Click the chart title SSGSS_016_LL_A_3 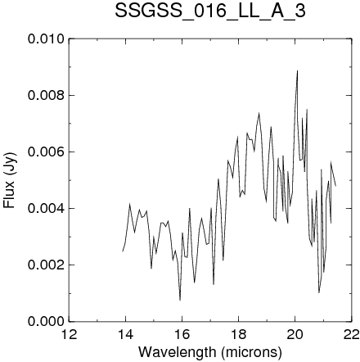pos(210,11)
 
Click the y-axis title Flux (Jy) pos(9,180)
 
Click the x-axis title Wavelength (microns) pos(210,351)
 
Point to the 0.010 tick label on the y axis pos(47,39)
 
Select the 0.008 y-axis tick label pos(47,96)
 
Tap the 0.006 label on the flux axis pos(47,152)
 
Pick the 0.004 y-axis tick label pos(47,208)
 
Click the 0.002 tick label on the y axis pos(47,265)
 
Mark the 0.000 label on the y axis pos(47,321)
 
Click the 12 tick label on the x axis pos(70,334)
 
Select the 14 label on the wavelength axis pos(125,334)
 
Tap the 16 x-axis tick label pos(182,334)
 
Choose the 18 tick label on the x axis pos(238,334)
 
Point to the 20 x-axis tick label pos(295,334)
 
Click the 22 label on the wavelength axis pos(351,334)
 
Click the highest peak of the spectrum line pos(297,70)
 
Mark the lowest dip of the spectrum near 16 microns pos(180,300)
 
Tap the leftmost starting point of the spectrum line pos(123,251)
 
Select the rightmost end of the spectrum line pos(335,186)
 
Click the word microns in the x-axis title pos(251,351)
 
